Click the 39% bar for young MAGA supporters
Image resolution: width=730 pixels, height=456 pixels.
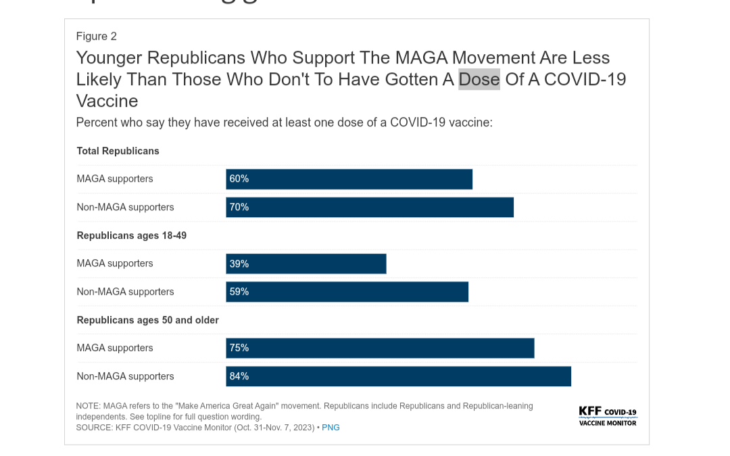click(306, 264)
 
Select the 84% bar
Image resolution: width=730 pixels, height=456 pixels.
click(398, 376)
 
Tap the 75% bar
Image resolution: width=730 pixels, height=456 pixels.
click(380, 348)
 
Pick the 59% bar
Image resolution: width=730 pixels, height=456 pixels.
click(347, 292)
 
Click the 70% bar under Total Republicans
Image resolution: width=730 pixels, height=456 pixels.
click(370, 207)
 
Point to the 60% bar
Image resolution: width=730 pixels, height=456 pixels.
click(349, 179)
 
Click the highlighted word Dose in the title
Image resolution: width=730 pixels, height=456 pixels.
click(479, 79)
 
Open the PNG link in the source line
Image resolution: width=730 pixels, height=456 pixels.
click(331, 428)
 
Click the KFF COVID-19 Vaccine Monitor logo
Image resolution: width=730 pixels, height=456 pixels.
click(608, 416)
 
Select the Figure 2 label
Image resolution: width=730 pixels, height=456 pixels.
click(97, 37)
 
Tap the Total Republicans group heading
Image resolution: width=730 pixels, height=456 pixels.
click(118, 151)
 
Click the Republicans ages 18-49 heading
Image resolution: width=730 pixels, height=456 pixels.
click(132, 235)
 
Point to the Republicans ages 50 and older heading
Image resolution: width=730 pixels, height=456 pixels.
click(148, 320)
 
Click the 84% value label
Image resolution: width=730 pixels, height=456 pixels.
click(239, 376)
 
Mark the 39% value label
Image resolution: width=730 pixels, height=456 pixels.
click(239, 264)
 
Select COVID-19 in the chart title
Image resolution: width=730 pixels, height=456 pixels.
click(585, 79)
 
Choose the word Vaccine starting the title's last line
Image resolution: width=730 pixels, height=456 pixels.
click(107, 101)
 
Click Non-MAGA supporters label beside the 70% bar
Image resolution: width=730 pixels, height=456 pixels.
click(126, 207)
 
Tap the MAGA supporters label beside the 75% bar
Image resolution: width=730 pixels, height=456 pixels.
click(115, 348)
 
